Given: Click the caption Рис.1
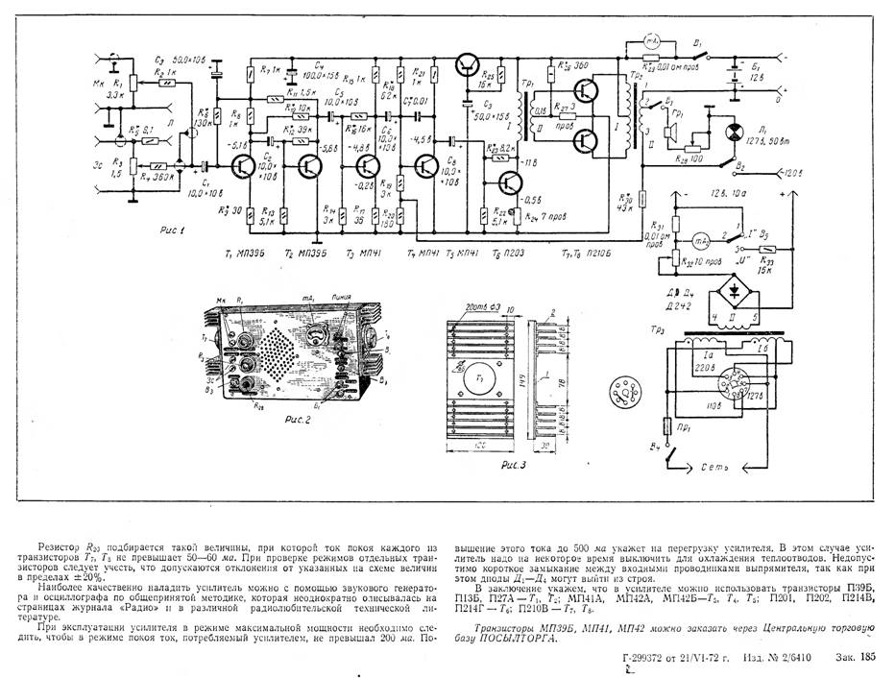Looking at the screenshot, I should click(176, 230).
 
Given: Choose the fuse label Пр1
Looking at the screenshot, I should click(682, 423).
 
